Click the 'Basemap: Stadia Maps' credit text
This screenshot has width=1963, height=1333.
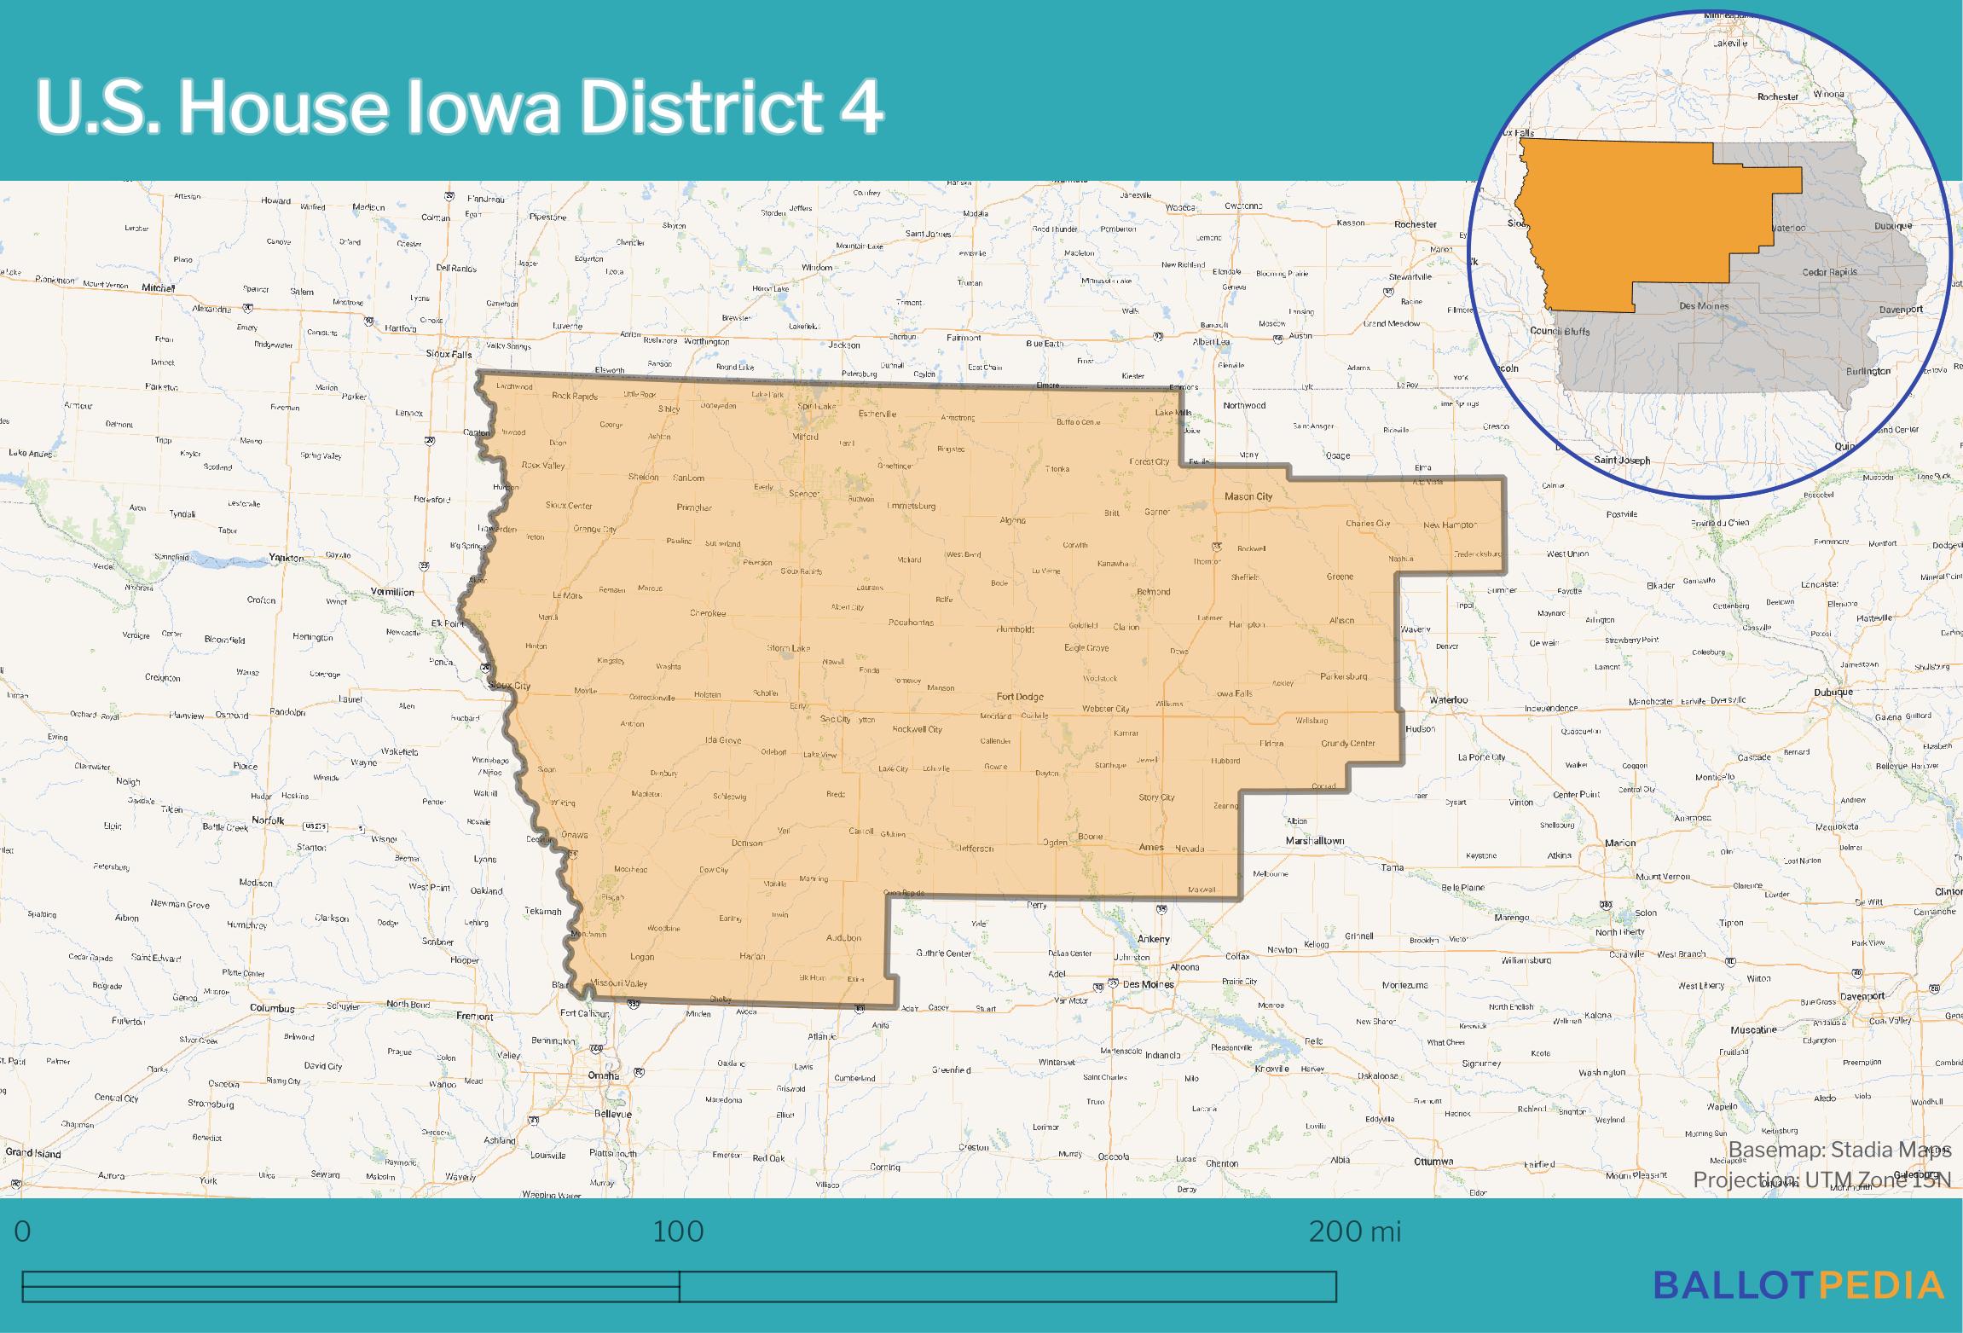(x=1839, y=1150)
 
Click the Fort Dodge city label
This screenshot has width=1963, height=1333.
(x=1019, y=697)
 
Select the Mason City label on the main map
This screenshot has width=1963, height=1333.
(x=1248, y=496)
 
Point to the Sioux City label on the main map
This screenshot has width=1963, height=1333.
(x=509, y=686)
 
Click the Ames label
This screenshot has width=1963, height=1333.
(x=1151, y=848)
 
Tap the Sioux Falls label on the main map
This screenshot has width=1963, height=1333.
(x=449, y=353)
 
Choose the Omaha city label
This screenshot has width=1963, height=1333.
(x=603, y=1075)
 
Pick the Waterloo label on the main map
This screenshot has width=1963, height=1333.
(x=1449, y=700)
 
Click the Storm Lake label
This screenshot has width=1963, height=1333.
(x=788, y=648)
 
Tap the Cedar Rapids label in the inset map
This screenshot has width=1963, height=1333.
(x=1829, y=272)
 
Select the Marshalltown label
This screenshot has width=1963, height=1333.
(x=1315, y=841)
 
